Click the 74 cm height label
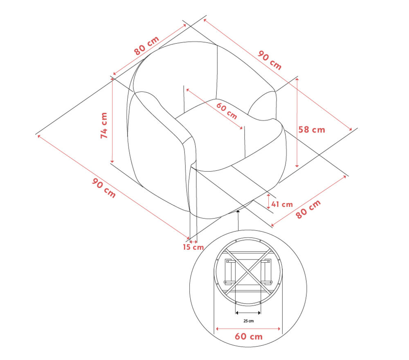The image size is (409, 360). pos(104,125)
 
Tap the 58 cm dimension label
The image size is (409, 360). pos(312,130)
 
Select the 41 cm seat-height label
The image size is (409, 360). pos(282,204)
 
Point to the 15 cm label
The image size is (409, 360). pos(193,247)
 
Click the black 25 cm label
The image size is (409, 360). pos(249,321)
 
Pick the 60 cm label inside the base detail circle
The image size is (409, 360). pos(249,337)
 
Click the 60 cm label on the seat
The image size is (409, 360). pos(227,111)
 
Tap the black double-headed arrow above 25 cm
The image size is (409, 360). pos(248,313)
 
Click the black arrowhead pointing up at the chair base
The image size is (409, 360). pos(238,211)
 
